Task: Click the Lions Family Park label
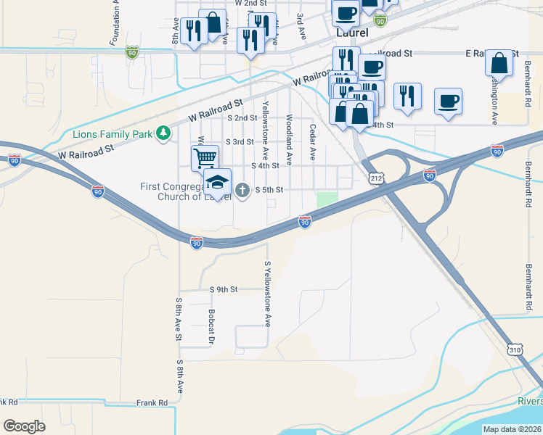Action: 113,133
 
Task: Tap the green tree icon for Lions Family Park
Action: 165,133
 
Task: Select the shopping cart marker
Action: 205,157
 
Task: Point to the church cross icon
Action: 242,190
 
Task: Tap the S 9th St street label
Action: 224,289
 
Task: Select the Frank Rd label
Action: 152,402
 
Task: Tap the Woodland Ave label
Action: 289,138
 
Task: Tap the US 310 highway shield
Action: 515,349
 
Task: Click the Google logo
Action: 24,426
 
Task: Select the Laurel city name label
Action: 352,33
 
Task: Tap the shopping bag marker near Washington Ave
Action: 500,63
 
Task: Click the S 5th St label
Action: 269,190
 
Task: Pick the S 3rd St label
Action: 240,142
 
